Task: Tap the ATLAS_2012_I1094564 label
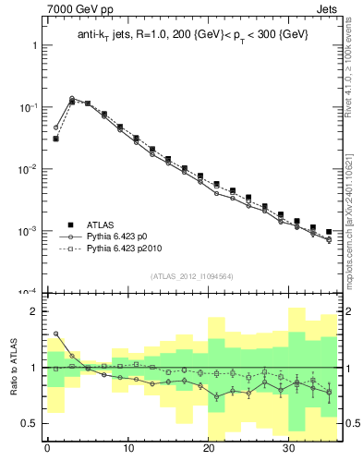point(192,274)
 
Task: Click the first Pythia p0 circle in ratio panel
point(55,334)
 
